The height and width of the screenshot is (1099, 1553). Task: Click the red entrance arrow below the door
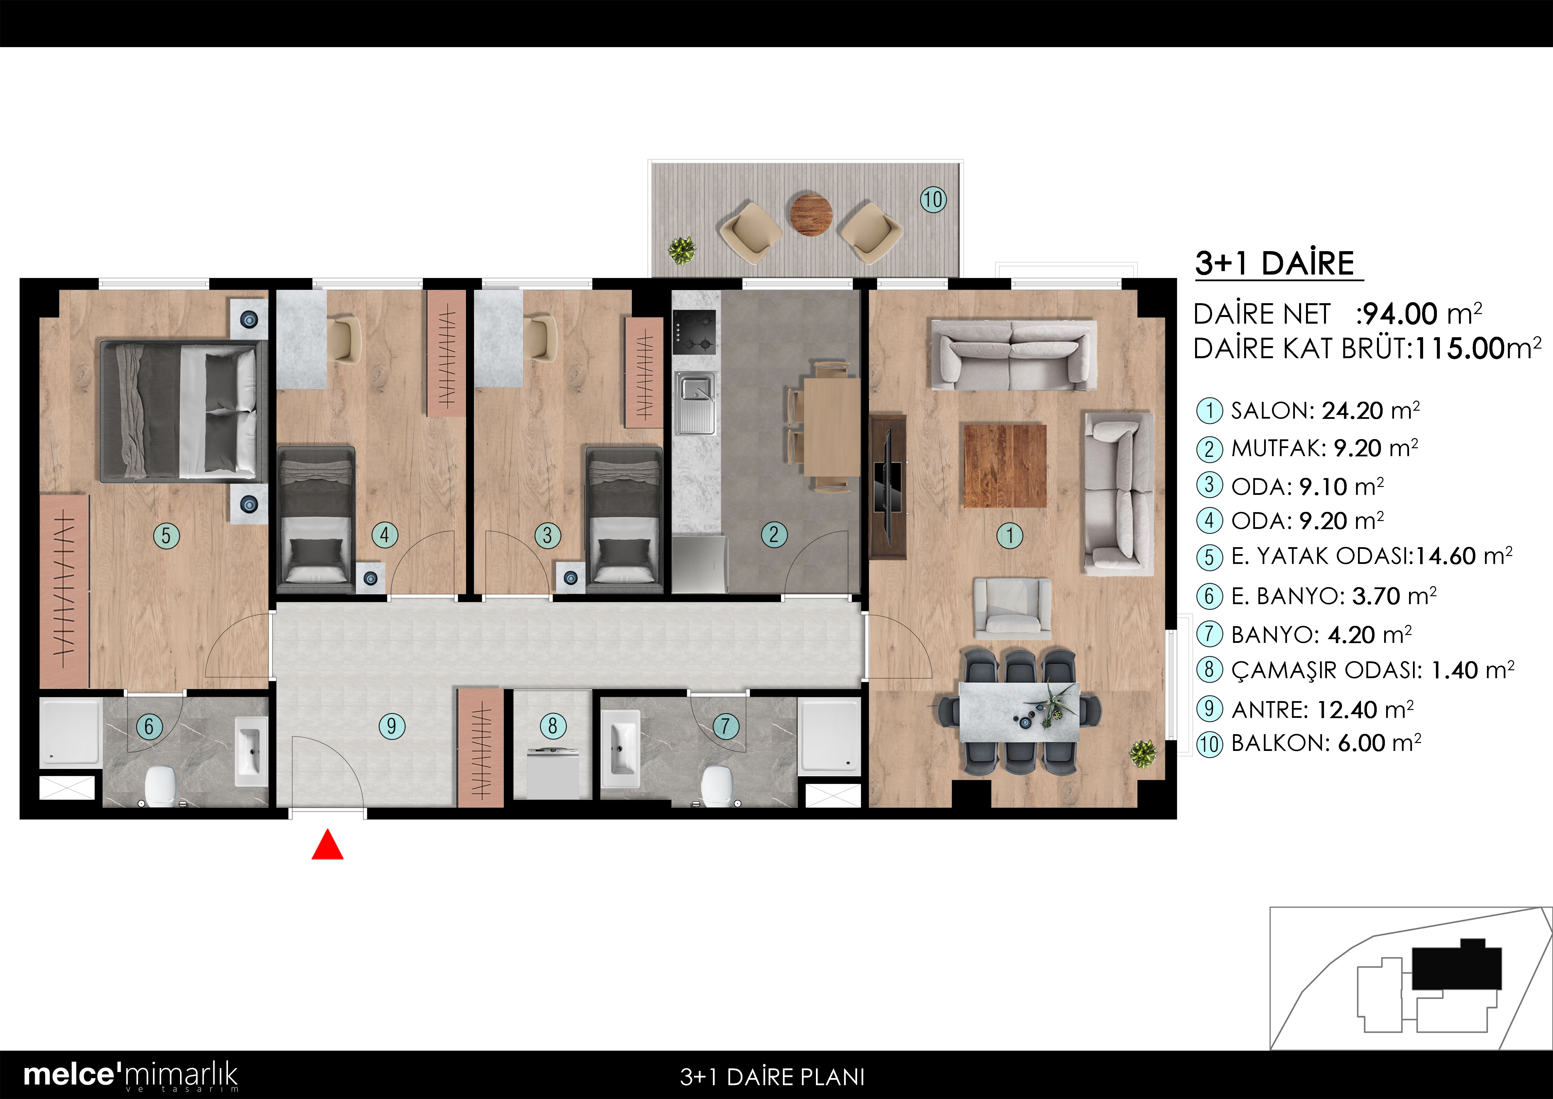(x=327, y=845)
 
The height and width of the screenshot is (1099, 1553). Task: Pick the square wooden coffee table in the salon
(x=1005, y=466)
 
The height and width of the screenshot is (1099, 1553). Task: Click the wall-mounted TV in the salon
(x=887, y=487)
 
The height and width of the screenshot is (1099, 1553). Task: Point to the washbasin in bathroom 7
(x=620, y=748)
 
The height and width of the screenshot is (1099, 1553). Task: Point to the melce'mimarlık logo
(x=131, y=1075)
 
